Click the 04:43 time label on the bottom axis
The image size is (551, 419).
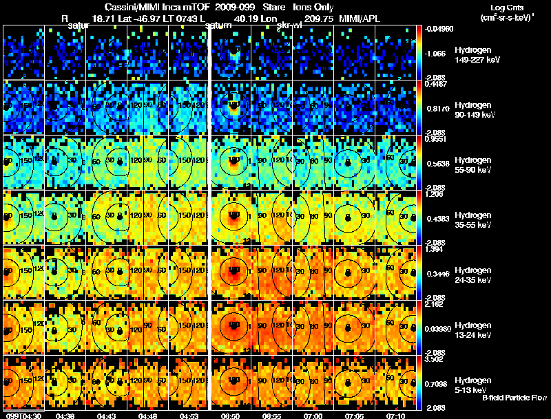pos(106,415)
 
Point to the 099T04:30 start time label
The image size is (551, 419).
pos(23,415)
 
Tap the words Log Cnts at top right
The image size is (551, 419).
pos(498,6)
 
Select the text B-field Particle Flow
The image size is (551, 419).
pos(514,398)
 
